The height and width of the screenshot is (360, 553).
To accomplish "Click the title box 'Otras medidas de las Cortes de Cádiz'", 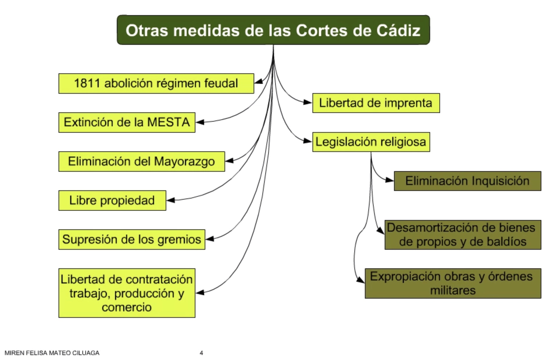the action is (x=273, y=30).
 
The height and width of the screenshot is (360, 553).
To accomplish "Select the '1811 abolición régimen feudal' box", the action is (x=156, y=84).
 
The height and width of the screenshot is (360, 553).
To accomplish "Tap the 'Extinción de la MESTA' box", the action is (x=127, y=123).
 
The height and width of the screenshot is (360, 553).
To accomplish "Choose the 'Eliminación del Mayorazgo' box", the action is (x=142, y=162).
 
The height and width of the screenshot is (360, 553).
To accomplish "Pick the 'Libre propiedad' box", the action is (x=112, y=201).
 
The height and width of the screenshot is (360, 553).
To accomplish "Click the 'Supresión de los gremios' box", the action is (x=132, y=240).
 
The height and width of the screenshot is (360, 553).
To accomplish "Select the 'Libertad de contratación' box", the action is (x=127, y=293).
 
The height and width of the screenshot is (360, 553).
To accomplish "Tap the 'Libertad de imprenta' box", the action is (x=376, y=103).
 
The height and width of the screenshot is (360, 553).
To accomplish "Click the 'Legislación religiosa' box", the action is (x=371, y=142).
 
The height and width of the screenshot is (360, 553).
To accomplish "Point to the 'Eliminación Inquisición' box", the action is (x=467, y=181).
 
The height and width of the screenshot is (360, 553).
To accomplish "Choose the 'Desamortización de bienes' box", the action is (x=463, y=235).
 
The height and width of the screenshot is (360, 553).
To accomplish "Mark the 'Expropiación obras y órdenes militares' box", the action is (x=453, y=283).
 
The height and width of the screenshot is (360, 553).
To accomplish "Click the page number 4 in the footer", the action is (x=201, y=353).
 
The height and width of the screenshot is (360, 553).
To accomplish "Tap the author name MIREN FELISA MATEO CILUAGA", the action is (x=52, y=353).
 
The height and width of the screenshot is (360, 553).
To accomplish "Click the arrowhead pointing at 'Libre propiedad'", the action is (x=171, y=200).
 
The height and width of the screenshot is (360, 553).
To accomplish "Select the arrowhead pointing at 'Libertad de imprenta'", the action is (x=308, y=102).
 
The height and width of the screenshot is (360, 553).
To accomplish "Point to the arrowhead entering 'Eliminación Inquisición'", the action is (x=390, y=180).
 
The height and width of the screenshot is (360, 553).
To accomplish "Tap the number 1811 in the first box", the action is (x=87, y=83).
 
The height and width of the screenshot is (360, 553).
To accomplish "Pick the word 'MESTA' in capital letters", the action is (x=168, y=122).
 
